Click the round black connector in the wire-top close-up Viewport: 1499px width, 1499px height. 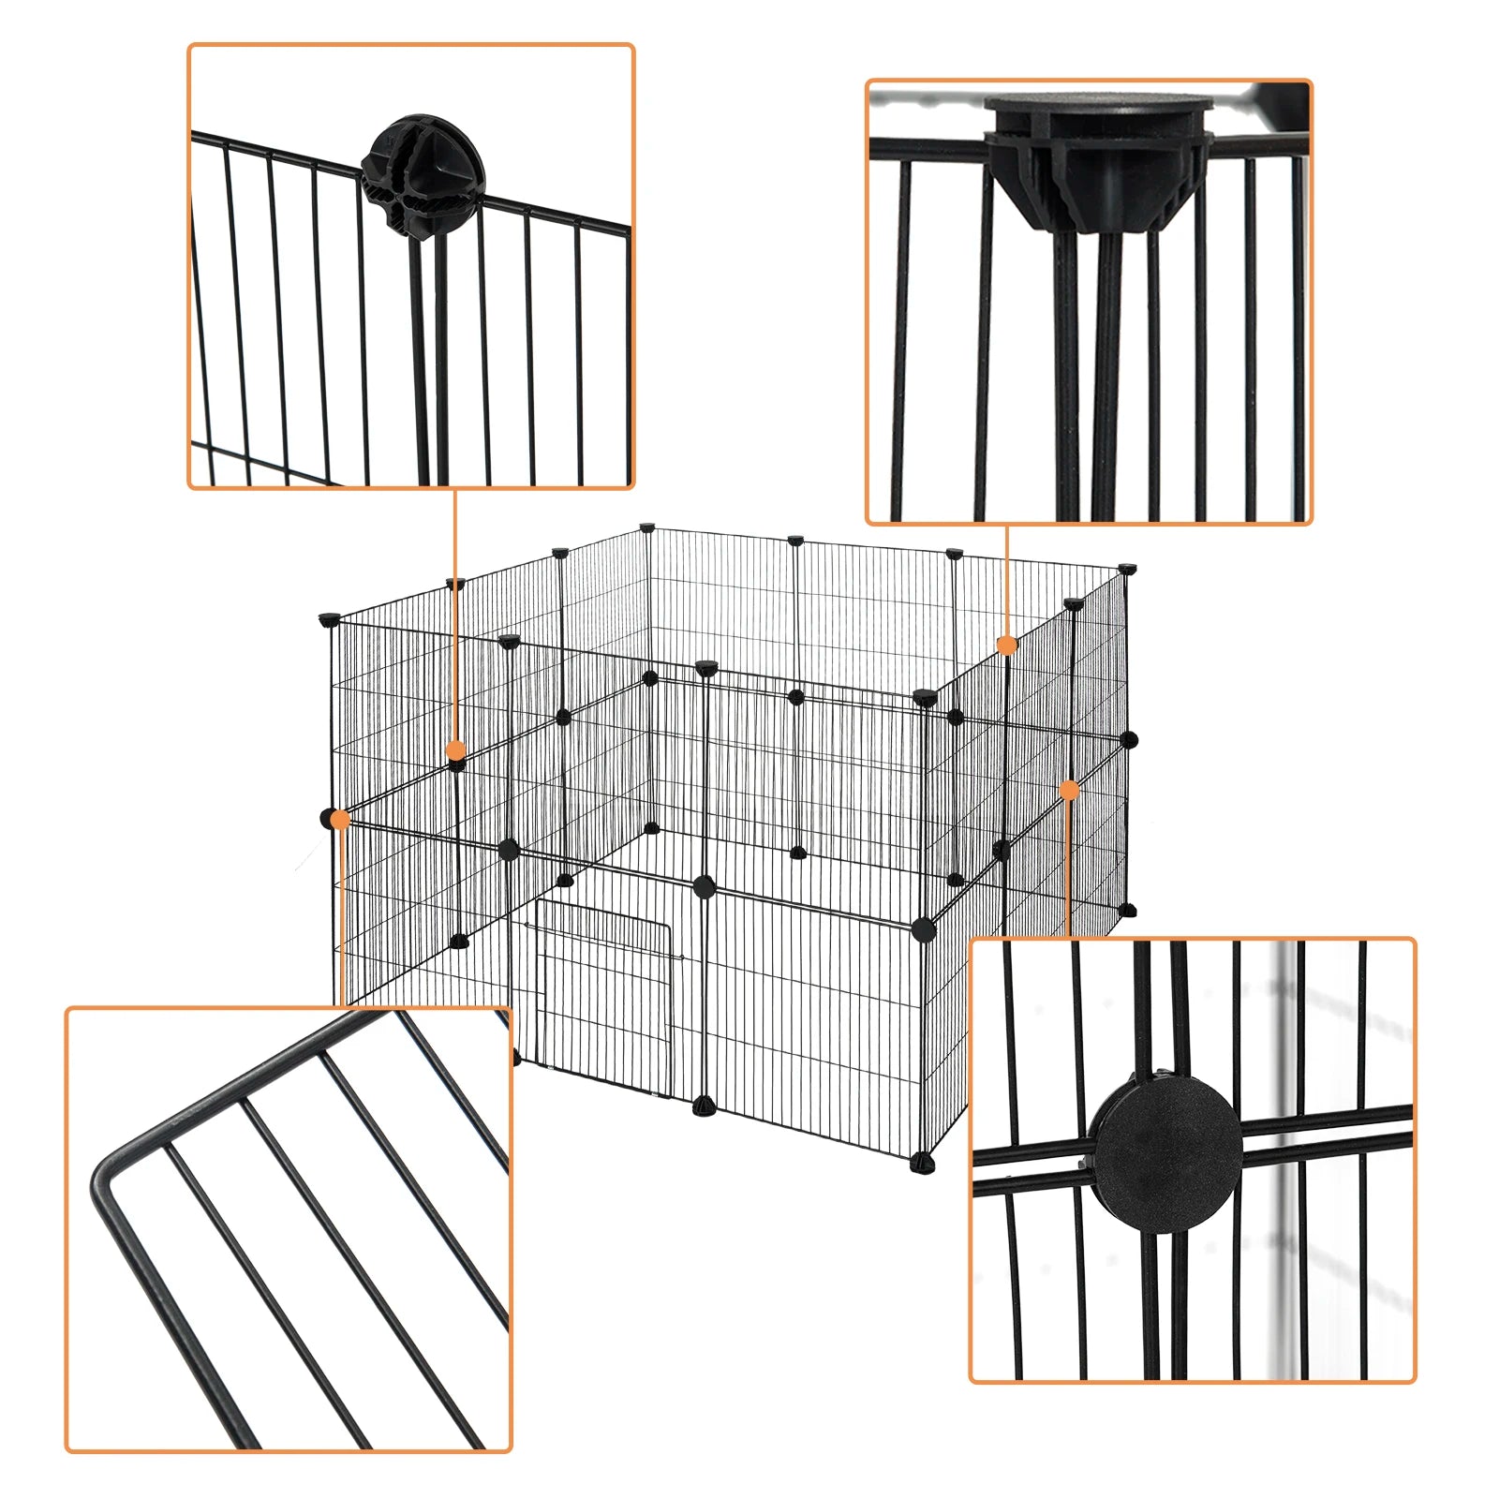tap(423, 175)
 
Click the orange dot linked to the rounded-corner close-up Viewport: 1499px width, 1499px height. tap(340, 819)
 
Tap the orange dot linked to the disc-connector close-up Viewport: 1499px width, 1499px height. tap(1069, 791)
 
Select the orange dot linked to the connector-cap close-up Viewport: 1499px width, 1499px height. tap(1007, 645)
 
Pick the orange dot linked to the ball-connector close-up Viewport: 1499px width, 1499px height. tap(455, 749)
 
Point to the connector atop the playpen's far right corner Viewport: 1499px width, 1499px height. tap(1127, 569)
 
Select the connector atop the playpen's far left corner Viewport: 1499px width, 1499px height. tap(329, 619)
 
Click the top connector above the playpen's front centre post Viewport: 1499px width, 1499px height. tap(706, 667)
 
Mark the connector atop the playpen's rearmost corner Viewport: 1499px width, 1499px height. tap(646, 528)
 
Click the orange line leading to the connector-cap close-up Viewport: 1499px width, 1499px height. tap(1007, 581)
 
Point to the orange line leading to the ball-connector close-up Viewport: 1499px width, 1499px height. tap(455, 618)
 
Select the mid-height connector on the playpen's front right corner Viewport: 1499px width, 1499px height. tap(924, 929)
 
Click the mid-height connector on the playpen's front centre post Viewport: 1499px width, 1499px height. tap(705, 886)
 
